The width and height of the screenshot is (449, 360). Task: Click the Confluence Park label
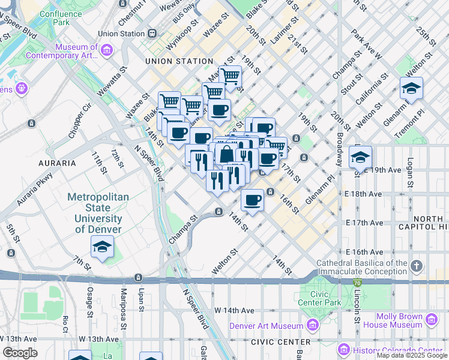pyautogui.click(x=53, y=17)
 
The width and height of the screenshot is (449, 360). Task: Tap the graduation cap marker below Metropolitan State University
pyautogui.click(x=103, y=247)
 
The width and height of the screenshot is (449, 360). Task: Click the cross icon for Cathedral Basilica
pyautogui.click(x=417, y=265)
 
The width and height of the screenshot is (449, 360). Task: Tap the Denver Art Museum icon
pyautogui.click(x=312, y=326)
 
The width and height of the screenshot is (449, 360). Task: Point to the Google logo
pyautogui.click(x=20, y=352)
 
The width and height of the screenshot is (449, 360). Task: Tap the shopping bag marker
pyautogui.click(x=227, y=154)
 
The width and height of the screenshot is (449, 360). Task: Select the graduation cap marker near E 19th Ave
pyautogui.click(x=360, y=157)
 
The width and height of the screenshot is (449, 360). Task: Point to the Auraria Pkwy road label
pyautogui.click(x=35, y=190)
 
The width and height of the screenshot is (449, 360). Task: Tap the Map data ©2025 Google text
pyautogui.click(x=411, y=355)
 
